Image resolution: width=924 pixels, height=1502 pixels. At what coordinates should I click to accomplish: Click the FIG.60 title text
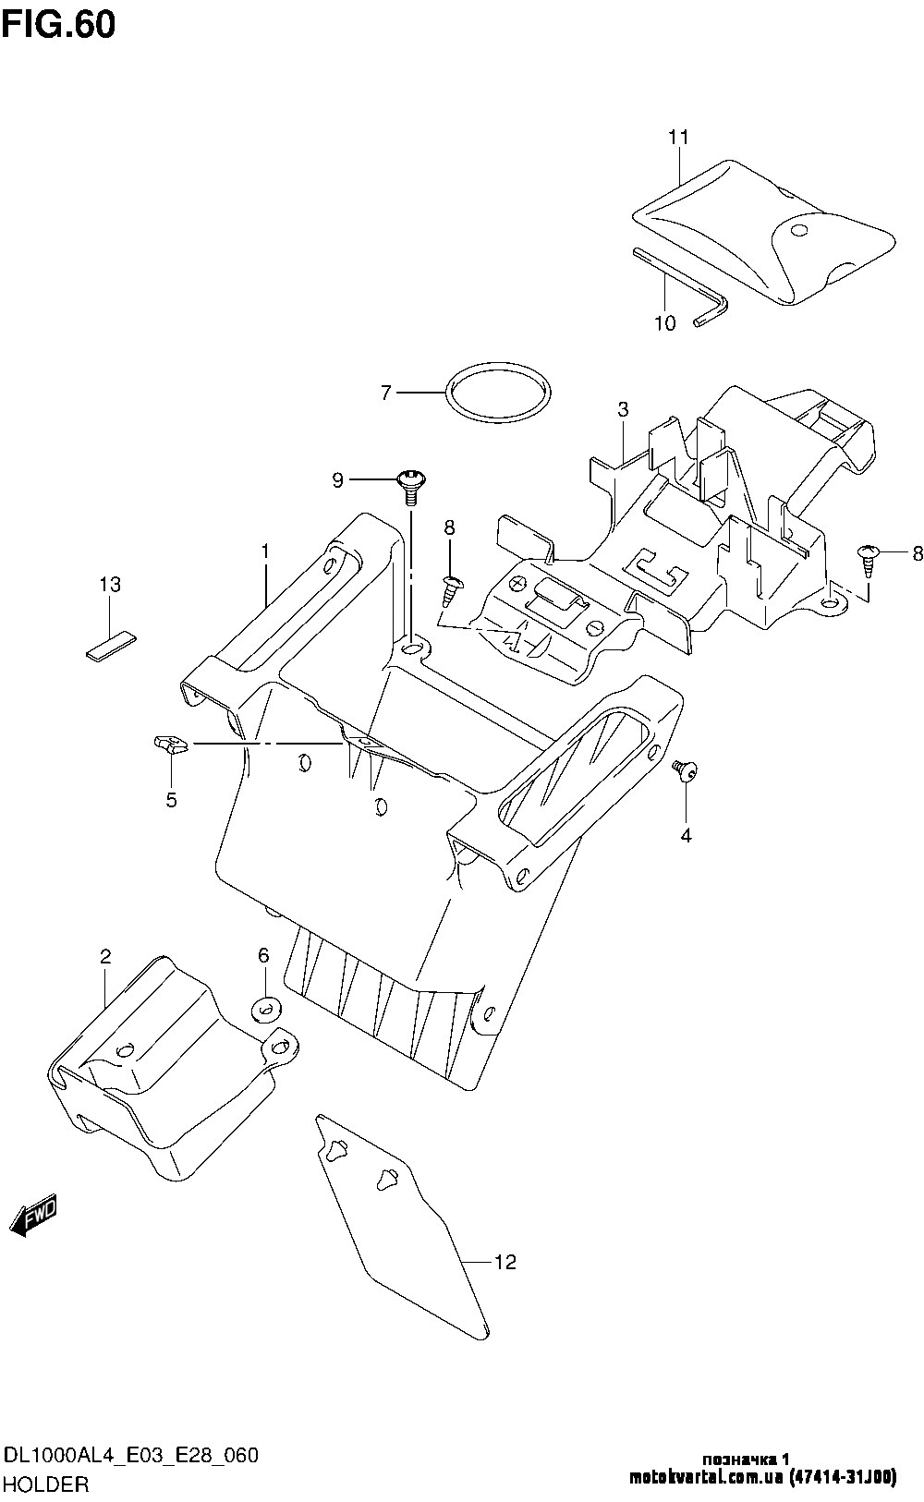coord(59,24)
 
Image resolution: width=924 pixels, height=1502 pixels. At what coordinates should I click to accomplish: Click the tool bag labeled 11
coord(767,231)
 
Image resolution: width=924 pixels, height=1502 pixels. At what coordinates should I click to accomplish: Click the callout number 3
coord(624,408)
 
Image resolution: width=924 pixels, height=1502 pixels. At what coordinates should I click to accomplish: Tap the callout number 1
coord(265,551)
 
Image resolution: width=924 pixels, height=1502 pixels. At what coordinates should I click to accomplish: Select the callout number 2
coord(105,955)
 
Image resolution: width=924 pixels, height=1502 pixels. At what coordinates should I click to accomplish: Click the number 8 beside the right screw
coord(917,554)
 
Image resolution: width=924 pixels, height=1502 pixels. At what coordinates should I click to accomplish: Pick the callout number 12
coord(505,1262)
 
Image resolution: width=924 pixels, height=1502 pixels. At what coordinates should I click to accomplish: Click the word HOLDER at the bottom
coord(46,1485)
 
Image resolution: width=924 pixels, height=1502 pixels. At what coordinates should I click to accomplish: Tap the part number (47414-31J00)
coord(843,1478)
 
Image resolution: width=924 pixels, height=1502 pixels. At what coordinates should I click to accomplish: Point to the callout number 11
coord(679,138)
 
